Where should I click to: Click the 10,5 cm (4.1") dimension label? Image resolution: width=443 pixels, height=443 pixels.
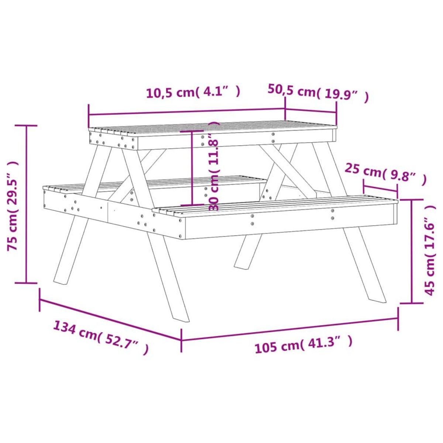tap(193, 92)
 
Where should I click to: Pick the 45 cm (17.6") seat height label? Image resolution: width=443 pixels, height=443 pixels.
tap(430, 251)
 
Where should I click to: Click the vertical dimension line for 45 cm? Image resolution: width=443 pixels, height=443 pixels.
tap(412, 251)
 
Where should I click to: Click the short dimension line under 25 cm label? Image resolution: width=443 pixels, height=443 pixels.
tap(380, 189)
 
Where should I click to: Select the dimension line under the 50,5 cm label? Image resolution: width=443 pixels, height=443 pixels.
tap(310, 111)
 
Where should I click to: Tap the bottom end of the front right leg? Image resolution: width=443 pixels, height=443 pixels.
tap(377, 298)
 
